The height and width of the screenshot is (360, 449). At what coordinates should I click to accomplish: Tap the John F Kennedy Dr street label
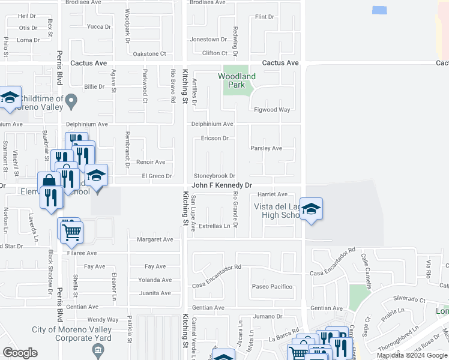(221, 186)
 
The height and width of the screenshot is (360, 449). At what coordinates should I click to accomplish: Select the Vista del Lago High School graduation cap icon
(311, 209)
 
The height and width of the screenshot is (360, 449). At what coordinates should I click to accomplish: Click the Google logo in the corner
(20, 353)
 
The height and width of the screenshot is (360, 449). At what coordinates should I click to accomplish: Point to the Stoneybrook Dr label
(214, 176)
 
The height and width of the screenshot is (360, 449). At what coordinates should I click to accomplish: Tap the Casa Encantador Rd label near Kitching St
(217, 267)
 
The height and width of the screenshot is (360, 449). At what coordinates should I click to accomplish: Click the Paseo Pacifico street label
(272, 287)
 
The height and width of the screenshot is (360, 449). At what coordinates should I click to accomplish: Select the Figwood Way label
(272, 110)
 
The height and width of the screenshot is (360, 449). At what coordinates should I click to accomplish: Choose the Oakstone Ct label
(149, 54)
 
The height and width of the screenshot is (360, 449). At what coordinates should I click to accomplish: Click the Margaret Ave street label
(155, 239)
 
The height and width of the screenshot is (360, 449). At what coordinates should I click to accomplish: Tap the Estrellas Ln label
(214, 226)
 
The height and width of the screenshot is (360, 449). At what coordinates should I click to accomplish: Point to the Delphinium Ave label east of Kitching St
(212, 124)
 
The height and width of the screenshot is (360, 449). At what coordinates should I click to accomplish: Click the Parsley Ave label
(266, 148)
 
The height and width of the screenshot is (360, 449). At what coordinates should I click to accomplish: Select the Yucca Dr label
(99, 26)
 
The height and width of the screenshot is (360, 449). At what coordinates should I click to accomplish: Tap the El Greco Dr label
(157, 176)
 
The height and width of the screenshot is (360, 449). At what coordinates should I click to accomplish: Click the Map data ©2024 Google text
(412, 355)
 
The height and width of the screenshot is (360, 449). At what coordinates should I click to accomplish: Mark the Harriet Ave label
(273, 194)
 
